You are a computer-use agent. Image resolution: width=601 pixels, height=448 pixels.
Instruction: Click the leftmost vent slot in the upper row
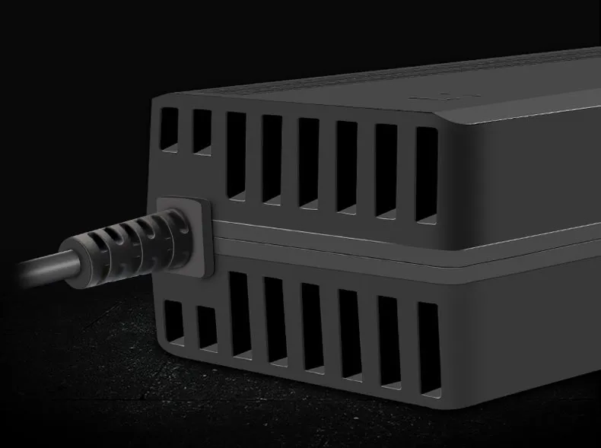(x=169, y=129)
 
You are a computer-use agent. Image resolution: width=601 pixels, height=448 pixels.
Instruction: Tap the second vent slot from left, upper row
(x=202, y=132)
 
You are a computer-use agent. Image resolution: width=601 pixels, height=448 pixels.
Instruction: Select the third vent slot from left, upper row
(x=236, y=156)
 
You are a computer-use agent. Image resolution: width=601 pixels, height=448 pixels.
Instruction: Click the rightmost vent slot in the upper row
(x=426, y=174)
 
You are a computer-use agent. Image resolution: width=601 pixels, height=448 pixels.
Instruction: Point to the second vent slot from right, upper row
(x=386, y=170)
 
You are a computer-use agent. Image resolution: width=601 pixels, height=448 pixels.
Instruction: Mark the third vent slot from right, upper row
(x=346, y=167)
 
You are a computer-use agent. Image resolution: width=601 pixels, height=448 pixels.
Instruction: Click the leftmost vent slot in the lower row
(x=173, y=322)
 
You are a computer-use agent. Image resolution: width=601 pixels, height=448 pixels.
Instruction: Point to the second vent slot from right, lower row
(x=389, y=342)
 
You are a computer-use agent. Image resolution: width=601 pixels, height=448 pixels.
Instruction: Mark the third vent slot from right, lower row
(x=349, y=334)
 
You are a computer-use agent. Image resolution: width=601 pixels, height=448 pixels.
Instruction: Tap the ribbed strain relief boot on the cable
(x=137, y=242)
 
